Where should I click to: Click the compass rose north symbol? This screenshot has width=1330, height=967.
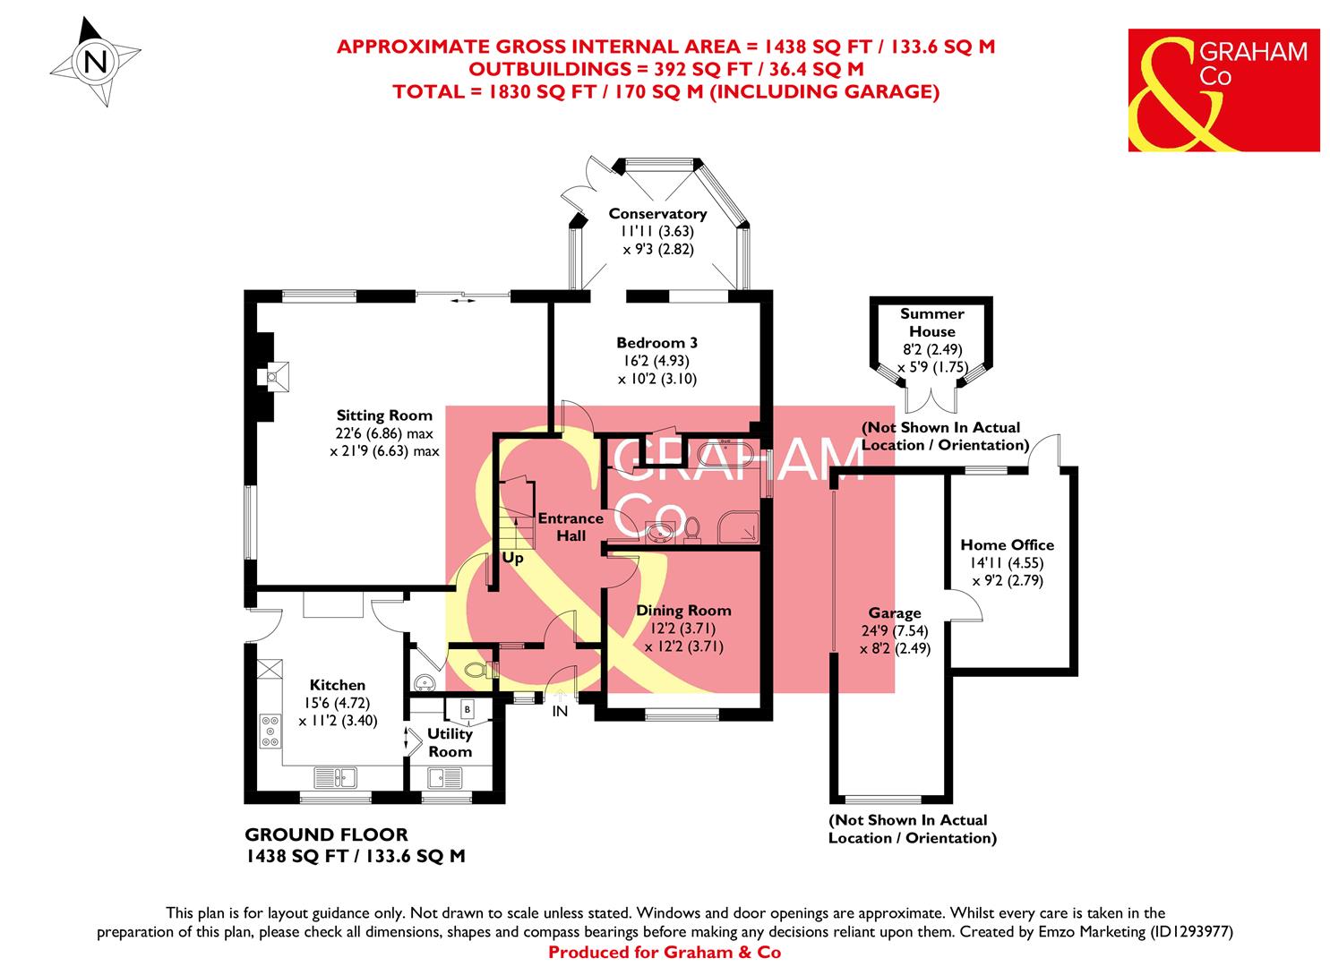pos(95,63)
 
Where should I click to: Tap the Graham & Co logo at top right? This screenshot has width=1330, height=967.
pos(1223,90)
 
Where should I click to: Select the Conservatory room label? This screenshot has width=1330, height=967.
pos(657,214)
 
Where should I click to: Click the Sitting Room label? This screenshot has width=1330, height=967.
pos(384,415)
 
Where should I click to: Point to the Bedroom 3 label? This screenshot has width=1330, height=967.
pos(656,343)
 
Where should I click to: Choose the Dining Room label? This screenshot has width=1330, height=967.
pos(683,611)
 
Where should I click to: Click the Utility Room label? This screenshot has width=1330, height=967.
pos(450,743)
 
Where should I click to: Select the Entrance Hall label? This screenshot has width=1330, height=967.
pos(571,526)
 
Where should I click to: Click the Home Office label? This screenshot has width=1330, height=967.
pos(1007,544)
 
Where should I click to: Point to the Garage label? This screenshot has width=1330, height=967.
pos(894,613)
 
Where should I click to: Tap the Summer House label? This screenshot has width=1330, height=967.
pos(931,322)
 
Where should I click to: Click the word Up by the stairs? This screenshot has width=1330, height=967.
pos(512,558)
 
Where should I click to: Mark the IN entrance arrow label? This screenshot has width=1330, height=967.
pos(560,711)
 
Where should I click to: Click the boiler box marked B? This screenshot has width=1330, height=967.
pos(467,709)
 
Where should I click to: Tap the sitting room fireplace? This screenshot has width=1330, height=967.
pos(270,376)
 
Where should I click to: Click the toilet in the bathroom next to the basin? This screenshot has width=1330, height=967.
pos(692,529)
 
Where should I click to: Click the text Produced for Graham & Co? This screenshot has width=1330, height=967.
pos(664,952)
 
